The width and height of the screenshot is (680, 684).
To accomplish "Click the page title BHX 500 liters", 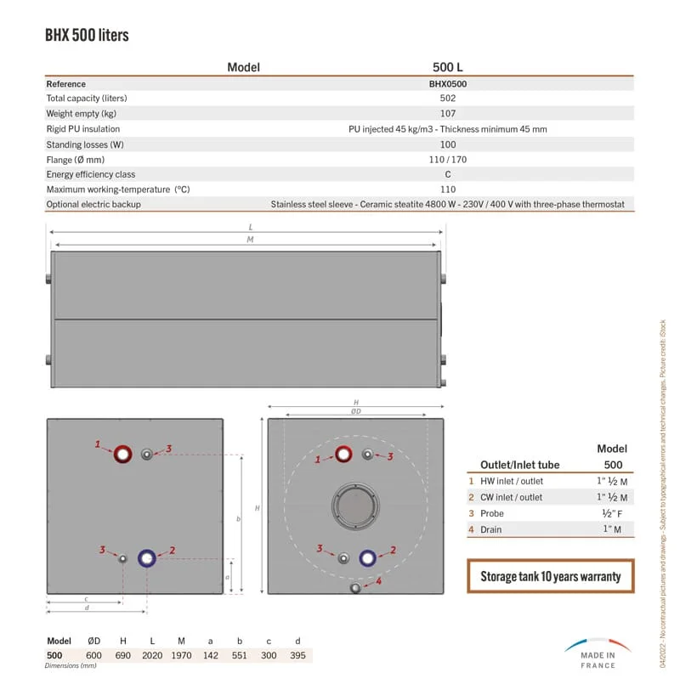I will pos(87,36).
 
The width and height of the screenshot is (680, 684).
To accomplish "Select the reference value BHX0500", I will pos(447,84).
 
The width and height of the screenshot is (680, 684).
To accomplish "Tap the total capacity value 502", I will pos(447,99).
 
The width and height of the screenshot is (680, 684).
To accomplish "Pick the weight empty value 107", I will pos(447,114).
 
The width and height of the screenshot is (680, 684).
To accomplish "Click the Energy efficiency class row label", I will pos(90,174).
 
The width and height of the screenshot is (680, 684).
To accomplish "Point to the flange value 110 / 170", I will pos(447,160).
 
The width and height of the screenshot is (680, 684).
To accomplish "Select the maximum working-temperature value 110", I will pos(447,189).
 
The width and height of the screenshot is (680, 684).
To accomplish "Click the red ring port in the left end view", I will pos(123,454).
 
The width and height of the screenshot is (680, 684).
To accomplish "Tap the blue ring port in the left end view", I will pos(147,558).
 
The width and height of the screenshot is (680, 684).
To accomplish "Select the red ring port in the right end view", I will pos(344,454).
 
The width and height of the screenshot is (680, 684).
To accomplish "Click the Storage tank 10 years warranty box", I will pos(551,576).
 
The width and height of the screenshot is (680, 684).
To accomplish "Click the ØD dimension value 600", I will pos(93,655).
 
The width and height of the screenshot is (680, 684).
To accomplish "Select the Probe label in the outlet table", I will pos(492,513).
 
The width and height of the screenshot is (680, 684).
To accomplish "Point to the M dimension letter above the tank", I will pos(250,240).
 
